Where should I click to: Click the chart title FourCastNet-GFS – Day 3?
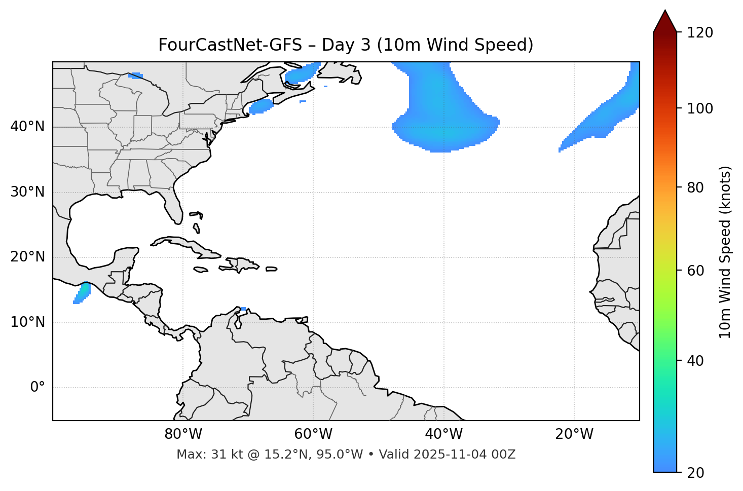346,45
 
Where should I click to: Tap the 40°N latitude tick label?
27,127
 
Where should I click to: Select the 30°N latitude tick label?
27,192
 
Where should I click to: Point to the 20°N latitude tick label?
27,257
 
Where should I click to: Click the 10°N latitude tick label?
27,322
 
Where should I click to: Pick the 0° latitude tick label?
38,388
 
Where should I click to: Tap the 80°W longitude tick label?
183,434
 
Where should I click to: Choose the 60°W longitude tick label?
313,434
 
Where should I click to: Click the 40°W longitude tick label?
443,434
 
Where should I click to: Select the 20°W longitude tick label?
574,434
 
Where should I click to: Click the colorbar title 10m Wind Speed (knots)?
725,252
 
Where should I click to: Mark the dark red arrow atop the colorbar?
665,22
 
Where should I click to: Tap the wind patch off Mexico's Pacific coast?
82,293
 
